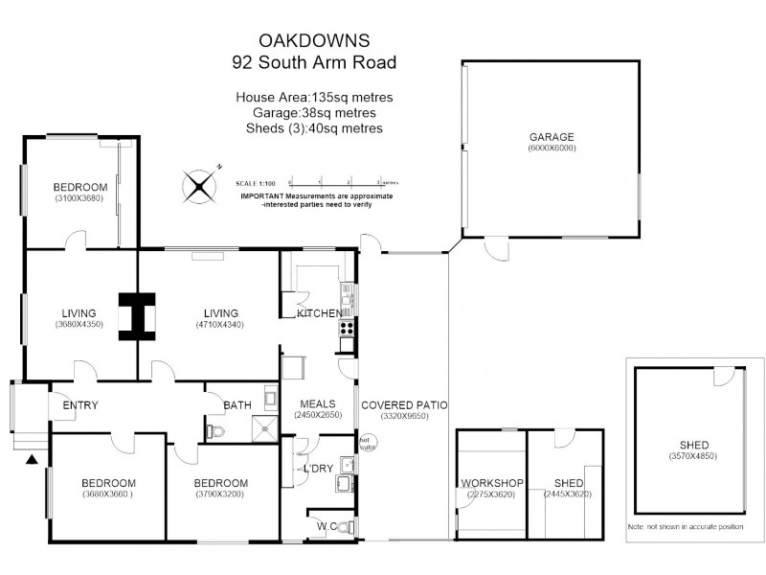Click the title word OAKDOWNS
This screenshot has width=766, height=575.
(313, 41)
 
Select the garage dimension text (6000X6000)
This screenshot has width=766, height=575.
(552, 149)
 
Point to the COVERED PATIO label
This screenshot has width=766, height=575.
(404, 405)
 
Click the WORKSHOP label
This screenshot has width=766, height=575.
(490, 483)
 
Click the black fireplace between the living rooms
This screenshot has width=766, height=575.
(137, 314)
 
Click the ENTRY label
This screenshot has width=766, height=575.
(80, 405)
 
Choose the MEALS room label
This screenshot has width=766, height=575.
(317, 403)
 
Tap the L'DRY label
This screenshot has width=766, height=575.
(318, 469)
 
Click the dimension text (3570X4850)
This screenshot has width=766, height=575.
(694, 457)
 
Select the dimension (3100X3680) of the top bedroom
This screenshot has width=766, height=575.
(80, 198)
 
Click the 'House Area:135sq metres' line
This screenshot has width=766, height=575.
(313, 98)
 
